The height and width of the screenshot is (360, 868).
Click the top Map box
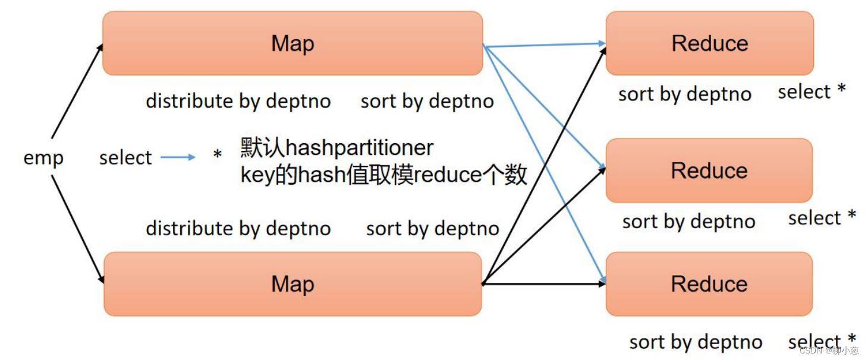[x=293, y=43]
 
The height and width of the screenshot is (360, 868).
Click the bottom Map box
[x=293, y=284]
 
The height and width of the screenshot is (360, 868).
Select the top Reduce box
[x=709, y=43]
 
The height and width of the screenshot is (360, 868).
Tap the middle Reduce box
[x=709, y=170]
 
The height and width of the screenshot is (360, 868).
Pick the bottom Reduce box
[x=709, y=284]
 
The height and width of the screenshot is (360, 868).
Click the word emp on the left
[x=43, y=158]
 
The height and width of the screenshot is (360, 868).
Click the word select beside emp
[x=125, y=158]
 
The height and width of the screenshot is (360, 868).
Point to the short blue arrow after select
[x=178, y=157]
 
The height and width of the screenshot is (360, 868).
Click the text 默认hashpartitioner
[x=337, y=147]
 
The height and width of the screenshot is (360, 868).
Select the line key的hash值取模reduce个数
[x=383, y=175]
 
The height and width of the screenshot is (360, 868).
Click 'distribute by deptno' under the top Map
[x=238, y=101]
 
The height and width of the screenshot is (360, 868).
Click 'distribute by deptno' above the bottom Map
[x=238, y=228]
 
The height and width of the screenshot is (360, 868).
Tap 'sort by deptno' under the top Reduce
[x=684, y=94]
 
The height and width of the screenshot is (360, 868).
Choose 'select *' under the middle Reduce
[x=822, y=218]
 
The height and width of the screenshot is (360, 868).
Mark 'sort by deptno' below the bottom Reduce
[x=696, y=342]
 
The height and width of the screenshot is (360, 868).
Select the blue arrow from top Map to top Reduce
[x=544, y=45]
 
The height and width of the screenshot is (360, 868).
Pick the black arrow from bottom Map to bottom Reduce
[x=544, y=284]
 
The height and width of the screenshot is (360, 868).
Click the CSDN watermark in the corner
[x=829, y=350]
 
